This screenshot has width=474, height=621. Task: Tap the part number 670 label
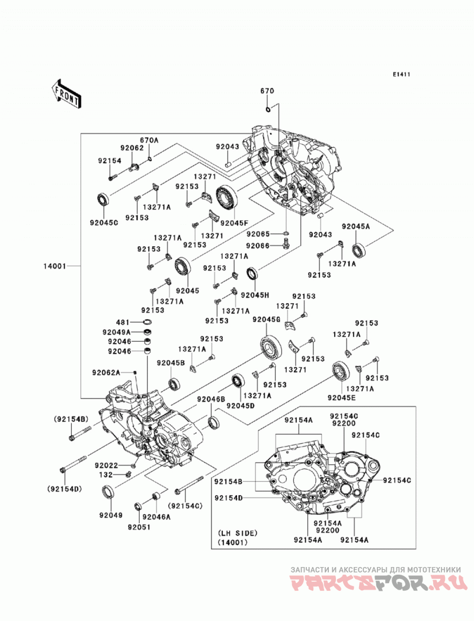(x=267, y=91)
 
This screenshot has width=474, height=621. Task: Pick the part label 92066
(x=257, y=246)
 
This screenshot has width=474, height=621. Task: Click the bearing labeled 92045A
(x=359, y=250)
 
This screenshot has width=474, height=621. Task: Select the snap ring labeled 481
(x=147, y=321)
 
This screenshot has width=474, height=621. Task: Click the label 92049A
(x=116, y=332)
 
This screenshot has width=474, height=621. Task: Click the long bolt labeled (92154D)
(x=73, y=464)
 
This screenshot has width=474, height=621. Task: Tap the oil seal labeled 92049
(x=109, y=492)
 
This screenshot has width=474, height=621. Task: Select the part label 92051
(x=139, y=527)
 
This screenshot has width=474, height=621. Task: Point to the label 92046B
(x=212, y=399)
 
